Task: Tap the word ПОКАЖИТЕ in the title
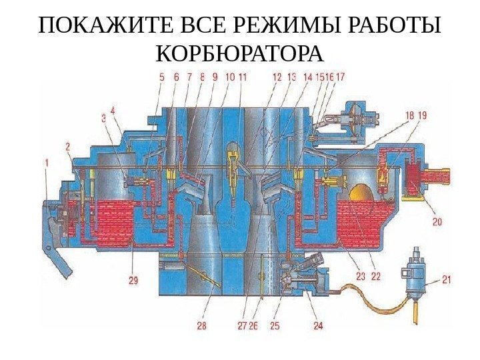[x=99, y=26]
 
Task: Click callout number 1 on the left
[x=47, y=161]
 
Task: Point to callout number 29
[x=133, y=281]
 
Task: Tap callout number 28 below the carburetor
[x=201, y=326]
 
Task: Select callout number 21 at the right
[x=446, y=281]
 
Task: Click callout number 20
[x=437, y=221]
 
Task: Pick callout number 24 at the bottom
[x=318, y=326]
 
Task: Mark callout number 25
[x=275, y=326]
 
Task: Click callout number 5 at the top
[x=161, y=77]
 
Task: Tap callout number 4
[x=113, y=110]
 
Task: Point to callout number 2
[x=68, y=145]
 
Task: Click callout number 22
[x=376, y=275]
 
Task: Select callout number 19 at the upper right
[x=423, y=115]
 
